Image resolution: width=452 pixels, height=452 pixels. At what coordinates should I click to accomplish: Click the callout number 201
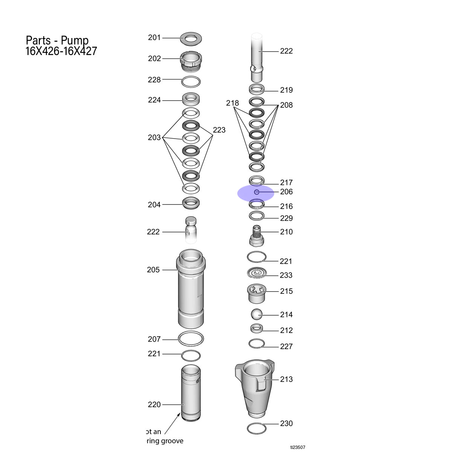154,38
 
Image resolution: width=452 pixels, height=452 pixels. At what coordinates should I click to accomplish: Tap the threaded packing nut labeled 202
191,61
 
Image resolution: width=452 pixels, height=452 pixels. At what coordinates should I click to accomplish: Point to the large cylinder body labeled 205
191,289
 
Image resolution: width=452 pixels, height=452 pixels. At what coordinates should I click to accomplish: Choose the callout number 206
286,192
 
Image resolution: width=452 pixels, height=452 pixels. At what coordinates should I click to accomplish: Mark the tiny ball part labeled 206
257,192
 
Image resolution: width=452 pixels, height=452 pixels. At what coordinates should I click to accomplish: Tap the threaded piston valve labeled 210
257,235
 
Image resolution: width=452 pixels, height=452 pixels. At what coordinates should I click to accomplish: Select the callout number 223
219,130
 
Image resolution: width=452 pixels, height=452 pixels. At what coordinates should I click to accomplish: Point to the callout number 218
232,103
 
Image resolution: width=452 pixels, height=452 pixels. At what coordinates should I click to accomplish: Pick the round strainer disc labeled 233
257,273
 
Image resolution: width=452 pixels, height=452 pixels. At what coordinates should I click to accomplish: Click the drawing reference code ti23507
298,447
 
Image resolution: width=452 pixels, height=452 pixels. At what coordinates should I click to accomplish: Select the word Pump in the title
75,41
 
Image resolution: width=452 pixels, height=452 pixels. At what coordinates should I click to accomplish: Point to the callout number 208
286,105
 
